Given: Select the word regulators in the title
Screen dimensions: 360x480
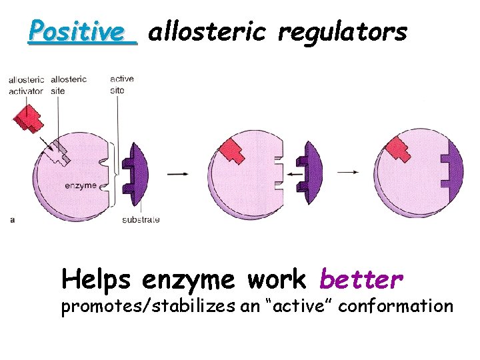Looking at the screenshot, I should (x=342, y=32).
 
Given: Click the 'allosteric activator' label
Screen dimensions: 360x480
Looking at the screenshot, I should (x=26, y=85).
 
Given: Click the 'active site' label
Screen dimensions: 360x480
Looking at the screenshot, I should (x=121, y=84).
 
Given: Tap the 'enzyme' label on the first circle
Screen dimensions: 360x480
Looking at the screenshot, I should (x=81, y=185).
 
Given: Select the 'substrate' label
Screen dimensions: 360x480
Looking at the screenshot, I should (x=141, y=219).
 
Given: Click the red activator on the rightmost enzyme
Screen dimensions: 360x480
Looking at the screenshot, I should (x=399, y=149).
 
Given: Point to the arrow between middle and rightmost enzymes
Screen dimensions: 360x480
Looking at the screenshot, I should (x=348, y=172).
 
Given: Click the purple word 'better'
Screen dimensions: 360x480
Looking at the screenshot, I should (x=361, y=280).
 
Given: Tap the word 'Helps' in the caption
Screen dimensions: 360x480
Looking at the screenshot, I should (x=96, y=280).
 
